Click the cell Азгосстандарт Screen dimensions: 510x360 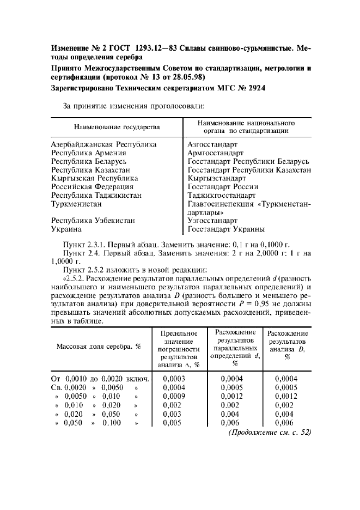click(212, 145)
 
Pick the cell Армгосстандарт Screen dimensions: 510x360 click(215, 153)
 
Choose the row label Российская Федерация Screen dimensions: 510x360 click(93, 186)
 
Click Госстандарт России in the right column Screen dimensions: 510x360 click(223, 186)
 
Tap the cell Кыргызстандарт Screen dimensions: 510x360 click(216, 178)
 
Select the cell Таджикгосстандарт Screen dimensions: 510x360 click(221, 195)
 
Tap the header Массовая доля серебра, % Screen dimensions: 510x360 click(99, 347)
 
